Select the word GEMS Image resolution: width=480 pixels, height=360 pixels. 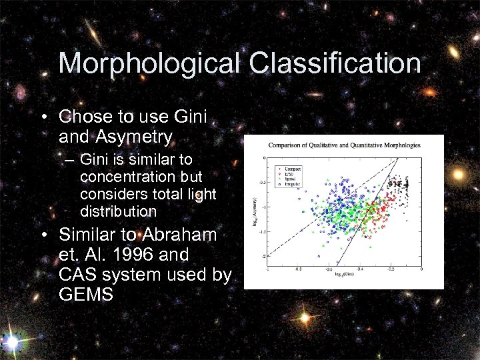pos(86,295)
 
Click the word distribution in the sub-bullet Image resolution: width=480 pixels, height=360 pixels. pos(118,212)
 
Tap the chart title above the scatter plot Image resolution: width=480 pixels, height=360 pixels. pos(343,145)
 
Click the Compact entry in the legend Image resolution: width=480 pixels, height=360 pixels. pos(293,169)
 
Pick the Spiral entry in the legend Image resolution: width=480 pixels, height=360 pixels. pos(291,178)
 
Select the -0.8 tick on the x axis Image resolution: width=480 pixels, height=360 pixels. pos(297,269)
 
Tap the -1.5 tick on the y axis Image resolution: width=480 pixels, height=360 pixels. pos(263,231)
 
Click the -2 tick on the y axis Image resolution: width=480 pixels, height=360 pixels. pos(264,256)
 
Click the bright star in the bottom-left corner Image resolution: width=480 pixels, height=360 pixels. pos(11,343)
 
